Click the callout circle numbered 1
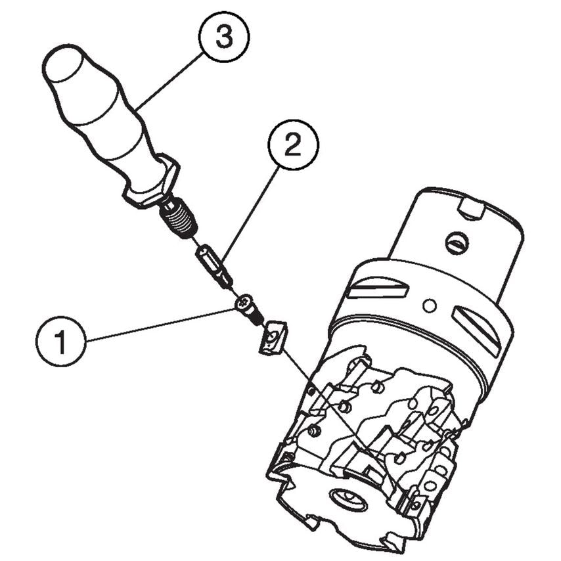coord(61,342)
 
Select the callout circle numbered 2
coord(293,145)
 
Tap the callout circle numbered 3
coord(224,37)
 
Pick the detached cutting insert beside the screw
coord(273,338)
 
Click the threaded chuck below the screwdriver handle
coord(179,218)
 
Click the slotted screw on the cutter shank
coord(457,244)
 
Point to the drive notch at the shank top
coord(471,210)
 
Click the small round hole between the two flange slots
coord(430,305)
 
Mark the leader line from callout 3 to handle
coord(169,81)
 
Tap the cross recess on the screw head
coord(242,304)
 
